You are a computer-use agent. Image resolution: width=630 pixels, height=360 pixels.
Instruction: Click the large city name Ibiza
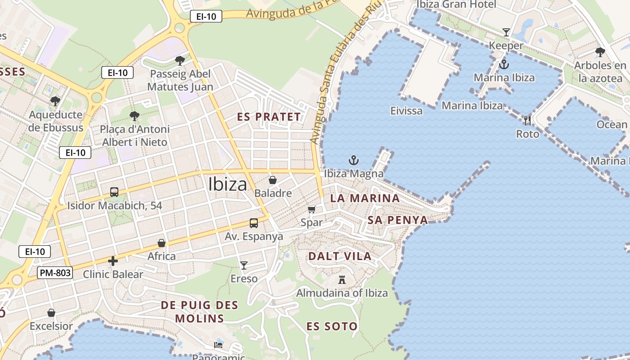click(228, 184)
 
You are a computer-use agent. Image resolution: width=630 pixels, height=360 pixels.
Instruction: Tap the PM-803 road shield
click(55, 272)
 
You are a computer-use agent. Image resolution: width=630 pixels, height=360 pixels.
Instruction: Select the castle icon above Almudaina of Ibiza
click(342, 279)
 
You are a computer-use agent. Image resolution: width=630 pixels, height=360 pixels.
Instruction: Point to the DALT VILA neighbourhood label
click(340, 256)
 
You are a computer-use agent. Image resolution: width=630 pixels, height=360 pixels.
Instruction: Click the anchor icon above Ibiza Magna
click(354, 160)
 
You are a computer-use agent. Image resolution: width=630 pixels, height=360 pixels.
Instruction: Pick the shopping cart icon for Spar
click(312, 209)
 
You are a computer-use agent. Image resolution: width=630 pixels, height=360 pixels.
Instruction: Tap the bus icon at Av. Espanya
click(254, 223)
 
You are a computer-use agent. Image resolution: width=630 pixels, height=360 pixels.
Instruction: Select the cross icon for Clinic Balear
click(113, 261)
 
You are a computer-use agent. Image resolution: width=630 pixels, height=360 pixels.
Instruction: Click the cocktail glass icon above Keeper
click(506, 32)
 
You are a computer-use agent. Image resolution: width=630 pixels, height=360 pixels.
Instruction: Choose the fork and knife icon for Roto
click(527, 121)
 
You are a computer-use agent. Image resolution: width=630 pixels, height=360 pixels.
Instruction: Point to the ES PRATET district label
click(269, 117)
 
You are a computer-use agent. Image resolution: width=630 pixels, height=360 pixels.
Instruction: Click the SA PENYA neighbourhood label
click(398, 220)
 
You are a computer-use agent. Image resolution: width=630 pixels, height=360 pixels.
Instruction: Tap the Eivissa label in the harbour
click(406, 111)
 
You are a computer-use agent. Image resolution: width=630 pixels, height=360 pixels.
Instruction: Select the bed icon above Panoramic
click(218, 345)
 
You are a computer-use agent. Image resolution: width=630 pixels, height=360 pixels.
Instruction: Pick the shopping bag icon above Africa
click(162, 243)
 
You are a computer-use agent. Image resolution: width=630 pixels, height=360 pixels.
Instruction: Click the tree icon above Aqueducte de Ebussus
click(55, 101)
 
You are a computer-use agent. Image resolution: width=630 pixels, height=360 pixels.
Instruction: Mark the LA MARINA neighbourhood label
click(364, 198)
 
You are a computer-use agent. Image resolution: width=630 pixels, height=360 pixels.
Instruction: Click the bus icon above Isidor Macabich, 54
click(114, 192)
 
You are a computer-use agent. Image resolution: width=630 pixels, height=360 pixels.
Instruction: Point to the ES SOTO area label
click(332, 327)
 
